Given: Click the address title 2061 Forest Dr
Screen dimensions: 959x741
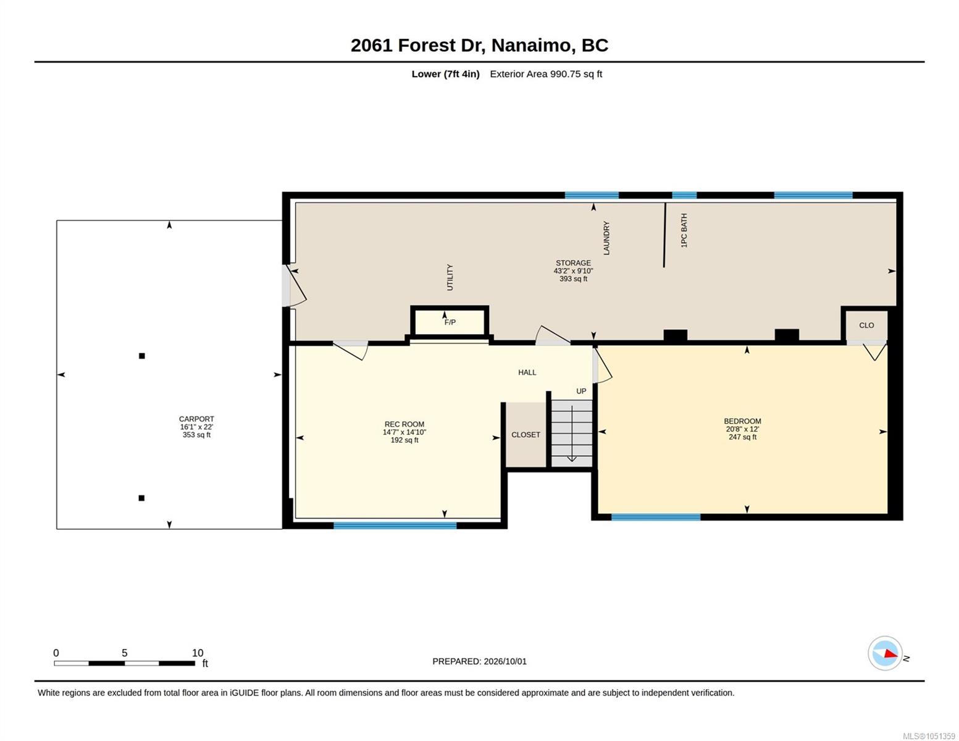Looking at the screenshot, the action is point(416,45).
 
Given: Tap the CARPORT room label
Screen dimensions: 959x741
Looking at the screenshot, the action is point(196,419).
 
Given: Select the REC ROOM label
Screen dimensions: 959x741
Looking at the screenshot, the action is point(404,424).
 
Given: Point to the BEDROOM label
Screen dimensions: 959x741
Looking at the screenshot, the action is point(742,421).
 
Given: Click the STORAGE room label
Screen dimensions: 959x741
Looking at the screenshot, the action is point(573,262).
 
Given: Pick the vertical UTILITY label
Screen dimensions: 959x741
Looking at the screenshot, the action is point(450,277).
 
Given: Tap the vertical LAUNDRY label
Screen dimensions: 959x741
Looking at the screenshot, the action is point(606,238).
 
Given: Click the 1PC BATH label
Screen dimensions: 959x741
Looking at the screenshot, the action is point(684,230).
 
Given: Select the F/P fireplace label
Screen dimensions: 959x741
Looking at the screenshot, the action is point(450,322).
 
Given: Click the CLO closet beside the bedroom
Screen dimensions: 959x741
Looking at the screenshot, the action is point(866,325).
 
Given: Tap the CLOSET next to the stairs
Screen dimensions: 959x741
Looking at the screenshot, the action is point(526,435).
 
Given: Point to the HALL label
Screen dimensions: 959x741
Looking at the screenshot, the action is point(527,372).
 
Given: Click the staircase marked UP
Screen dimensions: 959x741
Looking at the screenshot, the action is point(572,433).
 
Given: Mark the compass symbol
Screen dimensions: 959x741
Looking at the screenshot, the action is point(885,653).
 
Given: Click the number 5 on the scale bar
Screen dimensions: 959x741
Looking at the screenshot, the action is point(125,653).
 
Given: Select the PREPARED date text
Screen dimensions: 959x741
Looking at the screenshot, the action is point(479,661).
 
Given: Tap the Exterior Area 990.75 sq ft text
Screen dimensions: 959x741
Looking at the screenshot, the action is point(546,73).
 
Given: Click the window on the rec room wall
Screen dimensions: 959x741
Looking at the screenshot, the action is point(395,525).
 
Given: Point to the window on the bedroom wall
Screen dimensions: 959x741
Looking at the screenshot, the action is point(656,517).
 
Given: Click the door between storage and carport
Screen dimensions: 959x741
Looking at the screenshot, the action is point(293,285).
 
